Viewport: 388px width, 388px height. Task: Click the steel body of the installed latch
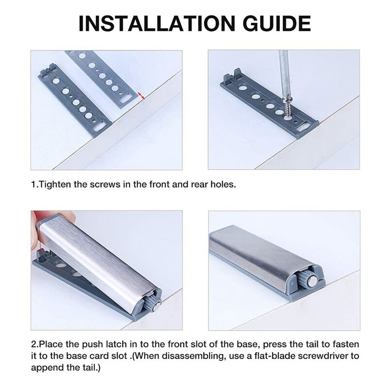point(257,257)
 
